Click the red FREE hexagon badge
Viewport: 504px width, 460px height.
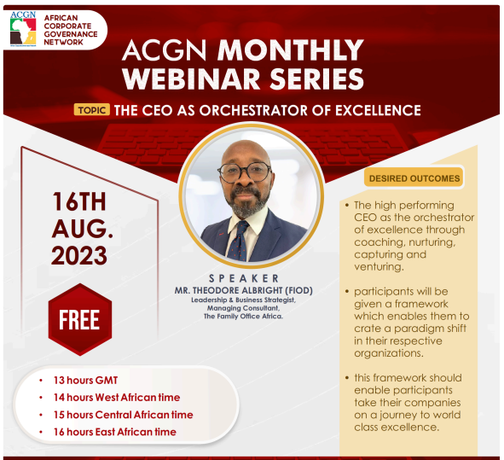[x=79, y=319]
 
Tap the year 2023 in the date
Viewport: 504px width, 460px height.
[x=79, y=255]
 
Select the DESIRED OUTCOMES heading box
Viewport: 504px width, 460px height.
[x=414, y=178]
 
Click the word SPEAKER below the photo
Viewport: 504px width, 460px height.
[x=244, y=278]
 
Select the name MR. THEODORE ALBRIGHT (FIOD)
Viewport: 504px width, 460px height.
[x=244, y=290]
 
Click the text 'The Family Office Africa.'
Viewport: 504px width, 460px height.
[x=244, y=317]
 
